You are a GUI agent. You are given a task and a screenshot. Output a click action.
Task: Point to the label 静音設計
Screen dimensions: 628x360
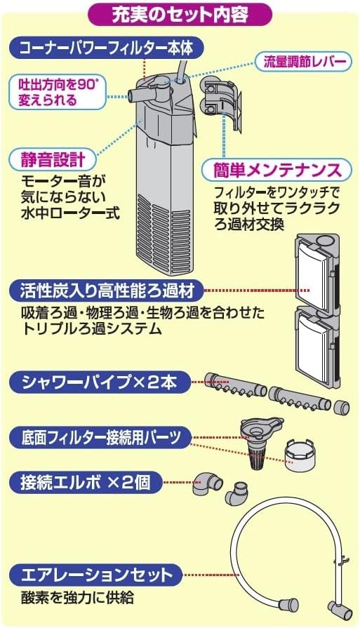[x=47, y=157]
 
